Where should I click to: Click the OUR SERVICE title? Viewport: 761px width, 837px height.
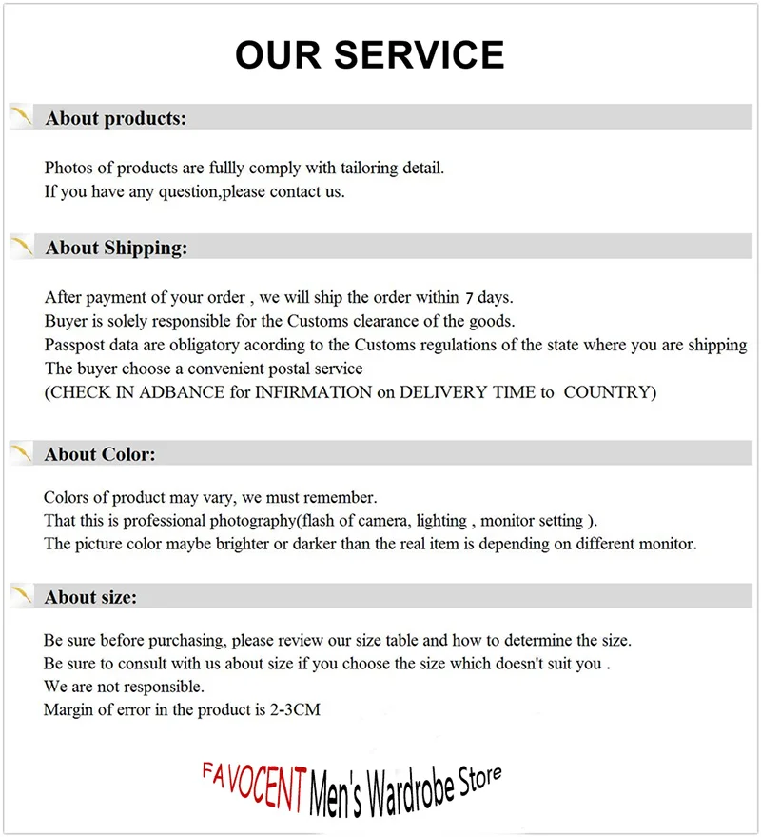click(x=369, y=55)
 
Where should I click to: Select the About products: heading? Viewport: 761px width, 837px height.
click(x=115, y=118)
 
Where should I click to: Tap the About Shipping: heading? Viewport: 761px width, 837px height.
click(x=116, y=248)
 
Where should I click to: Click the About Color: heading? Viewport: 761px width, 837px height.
click(x=99, y=454)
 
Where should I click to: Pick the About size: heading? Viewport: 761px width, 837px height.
click(x=90, y=597)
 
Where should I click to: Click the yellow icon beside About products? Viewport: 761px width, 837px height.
click(x=22, y=118)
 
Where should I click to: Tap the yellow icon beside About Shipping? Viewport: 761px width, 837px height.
click(x=22, y=248)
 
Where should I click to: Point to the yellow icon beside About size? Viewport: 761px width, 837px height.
click(x=22, y=597)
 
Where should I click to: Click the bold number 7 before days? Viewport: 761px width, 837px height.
click(x=469, y=298)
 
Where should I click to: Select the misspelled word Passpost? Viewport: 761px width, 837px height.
click(x=76, y=345)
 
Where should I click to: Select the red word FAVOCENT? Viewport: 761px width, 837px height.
click(x=253, y=778)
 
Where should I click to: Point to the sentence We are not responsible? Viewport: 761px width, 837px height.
click(x=123, y=686)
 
